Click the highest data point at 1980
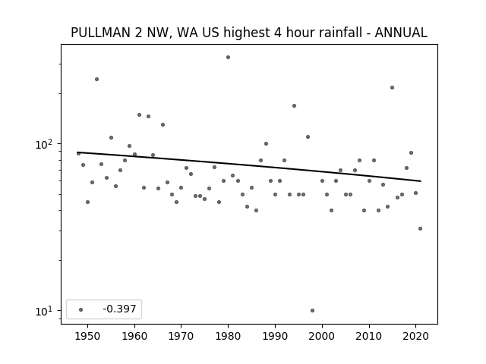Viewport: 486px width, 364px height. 228,58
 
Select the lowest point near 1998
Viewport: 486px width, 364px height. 312,310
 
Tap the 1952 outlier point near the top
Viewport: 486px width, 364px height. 96,79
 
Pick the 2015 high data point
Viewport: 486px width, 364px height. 392,88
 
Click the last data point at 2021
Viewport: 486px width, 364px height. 420,229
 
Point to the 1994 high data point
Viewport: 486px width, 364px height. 294,106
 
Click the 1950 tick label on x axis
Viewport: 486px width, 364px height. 88,337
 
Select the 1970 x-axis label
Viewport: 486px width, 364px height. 181,337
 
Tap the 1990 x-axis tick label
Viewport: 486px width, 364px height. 275,337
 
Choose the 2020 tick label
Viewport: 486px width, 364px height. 415,337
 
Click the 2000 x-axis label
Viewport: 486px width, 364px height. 322,337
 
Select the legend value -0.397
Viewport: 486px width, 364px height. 119,309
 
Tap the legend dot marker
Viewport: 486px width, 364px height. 81,309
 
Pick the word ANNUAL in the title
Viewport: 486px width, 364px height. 401,33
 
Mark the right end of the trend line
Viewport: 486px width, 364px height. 421,181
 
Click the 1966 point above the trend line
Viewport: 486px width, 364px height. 163,124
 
